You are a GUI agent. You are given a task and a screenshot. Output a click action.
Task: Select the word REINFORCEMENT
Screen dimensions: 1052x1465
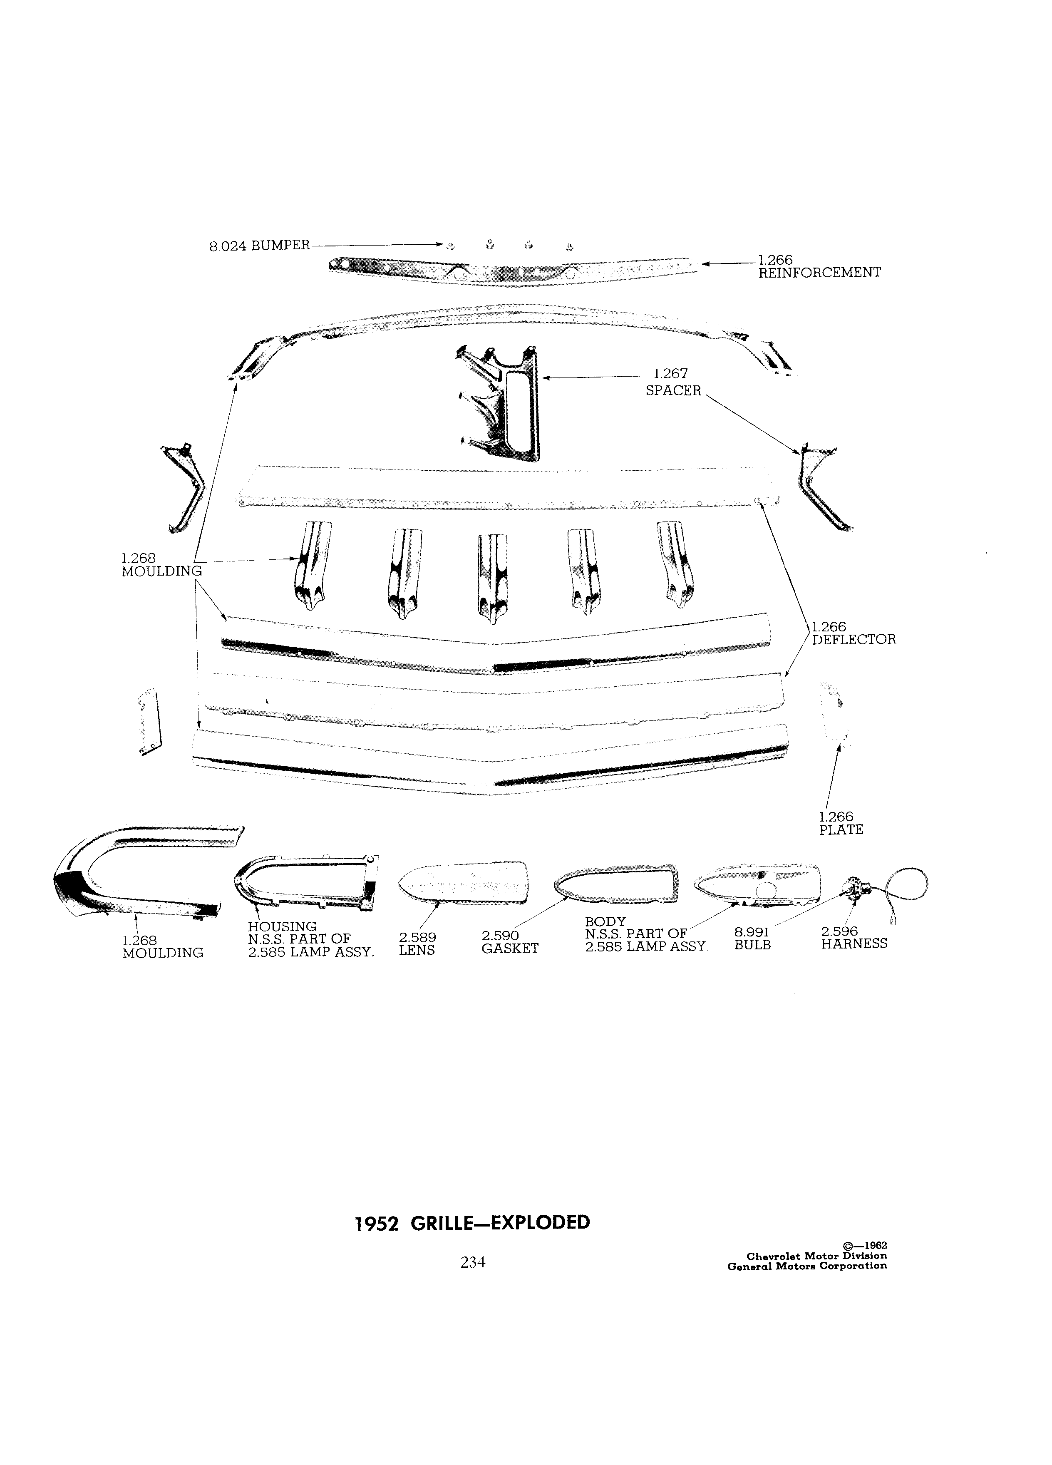[819, 273]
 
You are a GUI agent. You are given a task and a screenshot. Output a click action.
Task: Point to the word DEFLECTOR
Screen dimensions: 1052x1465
[854, 640]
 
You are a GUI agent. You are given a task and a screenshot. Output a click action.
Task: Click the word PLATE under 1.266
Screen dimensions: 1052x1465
[841, 830]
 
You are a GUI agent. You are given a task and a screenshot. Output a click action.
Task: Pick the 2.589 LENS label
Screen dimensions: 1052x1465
[417, 944]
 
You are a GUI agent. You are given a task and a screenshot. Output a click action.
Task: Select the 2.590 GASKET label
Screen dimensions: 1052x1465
[509, 942]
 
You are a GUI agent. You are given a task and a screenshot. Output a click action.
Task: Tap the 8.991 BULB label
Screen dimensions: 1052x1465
[753, 939]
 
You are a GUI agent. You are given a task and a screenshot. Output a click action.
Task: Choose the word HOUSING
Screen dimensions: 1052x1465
[282, 927]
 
